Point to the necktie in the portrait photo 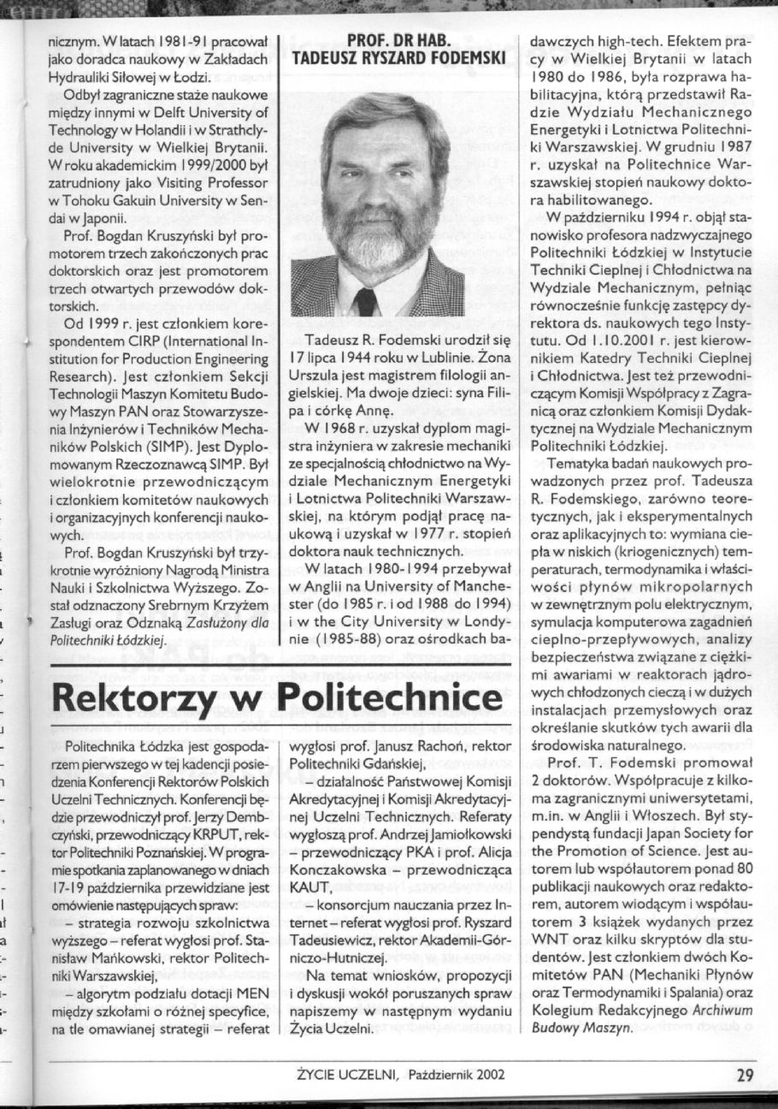(365, 301)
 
